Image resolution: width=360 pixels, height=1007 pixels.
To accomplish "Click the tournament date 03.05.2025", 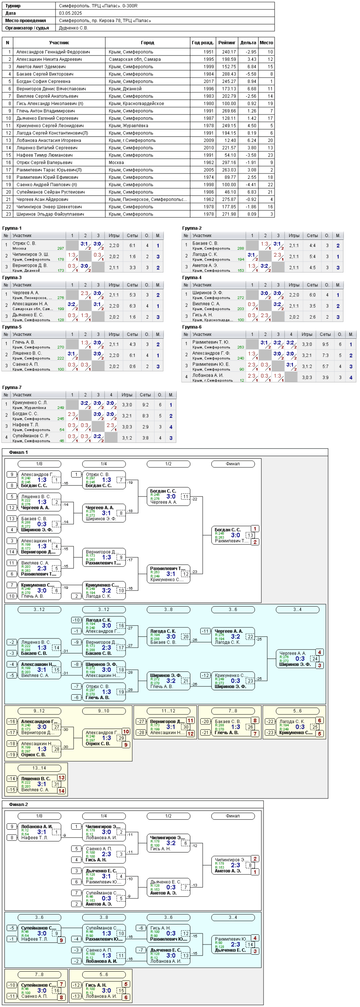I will coord(70,13).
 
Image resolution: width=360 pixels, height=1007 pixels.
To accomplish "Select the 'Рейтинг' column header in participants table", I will coord(227,42).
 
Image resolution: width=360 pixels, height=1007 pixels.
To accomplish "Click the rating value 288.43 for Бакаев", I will coord(229,74).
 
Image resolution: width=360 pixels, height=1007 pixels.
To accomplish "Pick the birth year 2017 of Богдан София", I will coord(209,81).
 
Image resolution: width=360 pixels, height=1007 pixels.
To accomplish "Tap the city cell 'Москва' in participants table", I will coord(116,162).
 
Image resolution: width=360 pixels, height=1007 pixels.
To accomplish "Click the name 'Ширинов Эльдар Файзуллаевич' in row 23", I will coord(50,214).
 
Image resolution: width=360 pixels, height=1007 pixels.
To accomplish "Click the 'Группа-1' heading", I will coord(12,228).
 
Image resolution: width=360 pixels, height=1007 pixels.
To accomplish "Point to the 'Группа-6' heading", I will coord(192,327).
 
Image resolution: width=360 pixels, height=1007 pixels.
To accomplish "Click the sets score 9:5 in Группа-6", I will coord(325,344).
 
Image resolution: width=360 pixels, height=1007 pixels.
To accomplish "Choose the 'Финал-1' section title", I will coord(18,452).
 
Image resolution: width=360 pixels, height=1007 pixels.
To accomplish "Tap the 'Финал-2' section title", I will coord(18,804).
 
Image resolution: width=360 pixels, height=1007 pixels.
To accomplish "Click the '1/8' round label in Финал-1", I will coord(39,464).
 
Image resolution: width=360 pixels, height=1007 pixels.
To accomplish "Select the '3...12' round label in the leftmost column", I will coord(39,609).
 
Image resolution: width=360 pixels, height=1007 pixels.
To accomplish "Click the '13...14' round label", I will coord(39,768).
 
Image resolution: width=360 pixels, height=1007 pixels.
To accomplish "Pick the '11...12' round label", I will coord(168,711).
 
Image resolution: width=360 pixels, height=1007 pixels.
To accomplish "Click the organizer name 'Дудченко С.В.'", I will coord(73,28).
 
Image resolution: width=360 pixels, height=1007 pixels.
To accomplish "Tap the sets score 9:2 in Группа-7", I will coord(145,405).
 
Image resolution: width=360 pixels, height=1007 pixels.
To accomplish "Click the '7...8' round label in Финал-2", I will coord(39,974).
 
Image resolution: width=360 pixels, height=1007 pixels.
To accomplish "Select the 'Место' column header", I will coord(266,42).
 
